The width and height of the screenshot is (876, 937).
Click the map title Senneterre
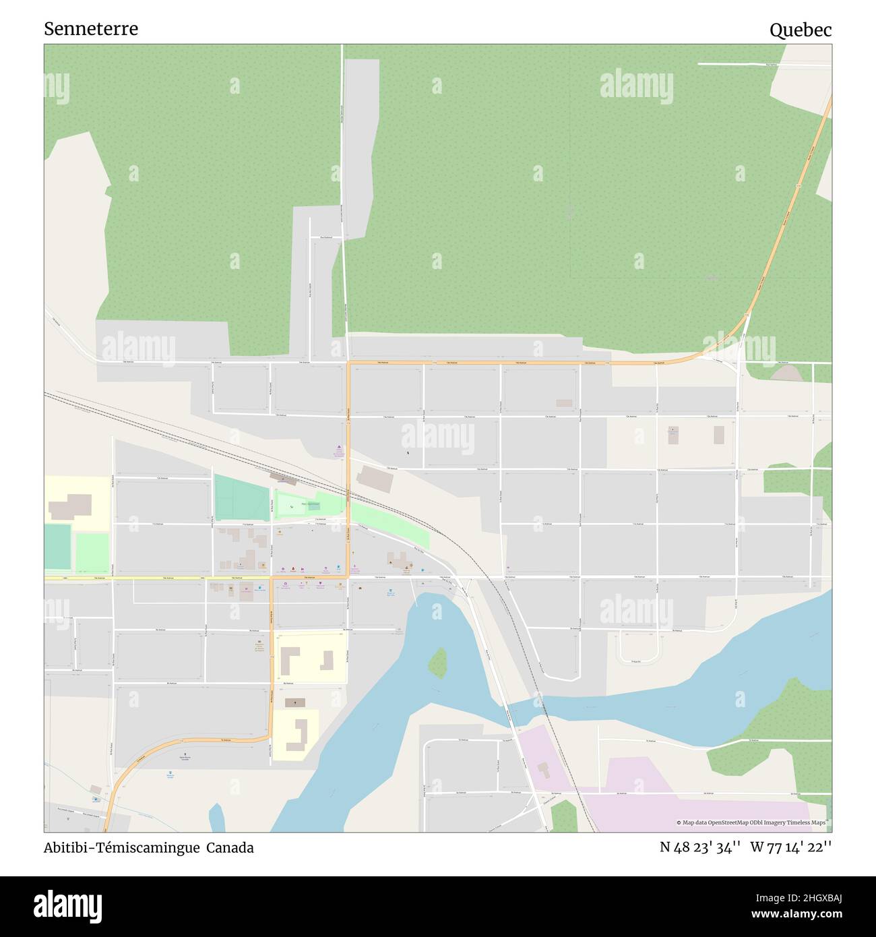click(91, 29)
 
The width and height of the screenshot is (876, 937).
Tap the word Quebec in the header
click(800, 30)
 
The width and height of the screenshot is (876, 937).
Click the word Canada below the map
click(230, 848)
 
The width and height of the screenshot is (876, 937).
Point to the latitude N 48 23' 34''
click(700, 847)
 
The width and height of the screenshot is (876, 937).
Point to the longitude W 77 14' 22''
click(790, 847)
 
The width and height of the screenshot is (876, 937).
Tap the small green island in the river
click(437, 663)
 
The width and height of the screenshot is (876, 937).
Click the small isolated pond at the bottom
click(216, 817)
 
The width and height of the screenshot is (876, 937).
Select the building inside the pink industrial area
click(544, 768)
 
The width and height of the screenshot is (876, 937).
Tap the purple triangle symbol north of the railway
click(338, 448)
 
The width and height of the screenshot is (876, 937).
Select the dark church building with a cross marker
click(294, 702)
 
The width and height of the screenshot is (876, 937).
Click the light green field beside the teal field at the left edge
click(92, 552)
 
